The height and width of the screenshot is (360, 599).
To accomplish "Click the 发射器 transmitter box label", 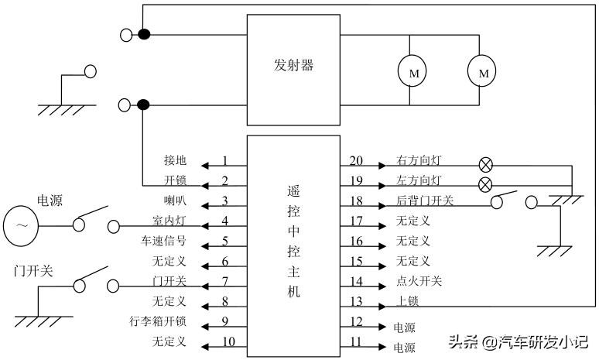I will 293,66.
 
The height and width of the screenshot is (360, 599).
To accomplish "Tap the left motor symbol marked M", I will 413,73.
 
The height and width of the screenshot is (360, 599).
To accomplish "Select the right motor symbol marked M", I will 484,73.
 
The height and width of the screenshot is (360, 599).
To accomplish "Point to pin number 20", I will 356,161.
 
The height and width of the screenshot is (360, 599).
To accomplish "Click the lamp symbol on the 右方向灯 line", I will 485,164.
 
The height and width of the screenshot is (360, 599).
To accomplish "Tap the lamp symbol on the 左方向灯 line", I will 485,184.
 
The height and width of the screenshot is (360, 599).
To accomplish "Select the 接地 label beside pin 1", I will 175,161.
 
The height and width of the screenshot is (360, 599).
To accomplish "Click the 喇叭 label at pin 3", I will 175,201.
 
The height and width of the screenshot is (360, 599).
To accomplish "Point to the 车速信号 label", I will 163,242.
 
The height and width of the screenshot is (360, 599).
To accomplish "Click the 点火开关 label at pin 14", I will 419,281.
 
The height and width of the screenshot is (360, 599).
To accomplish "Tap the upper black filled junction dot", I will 143,34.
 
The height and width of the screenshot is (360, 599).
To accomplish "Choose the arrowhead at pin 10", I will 205,341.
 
